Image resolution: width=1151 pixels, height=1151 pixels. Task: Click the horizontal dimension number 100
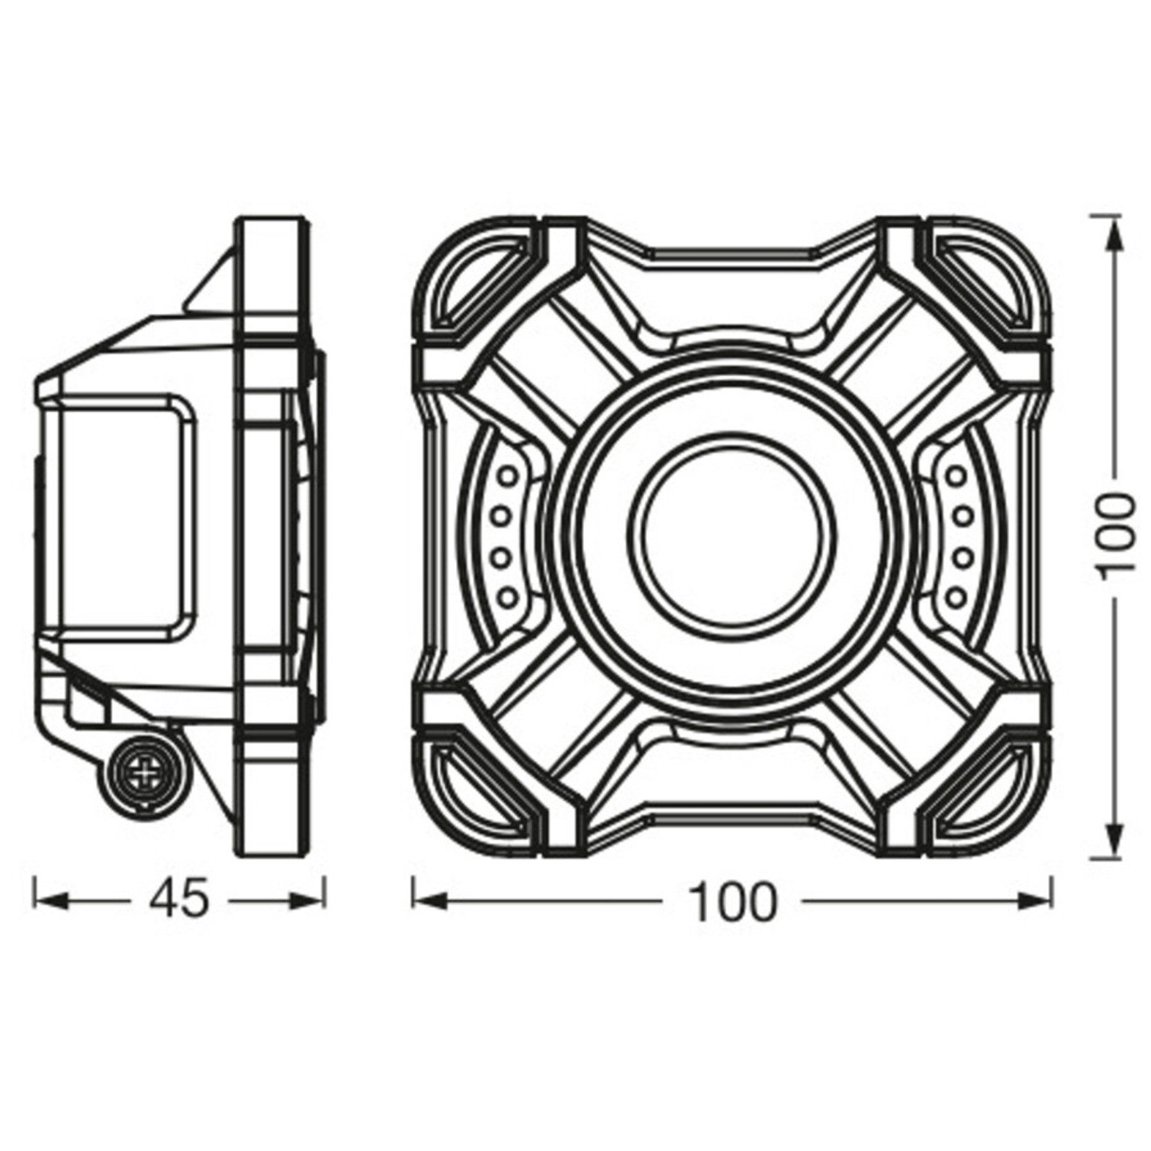[733, 901]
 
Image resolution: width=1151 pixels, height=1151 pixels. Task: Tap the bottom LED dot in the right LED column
[957, 597]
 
